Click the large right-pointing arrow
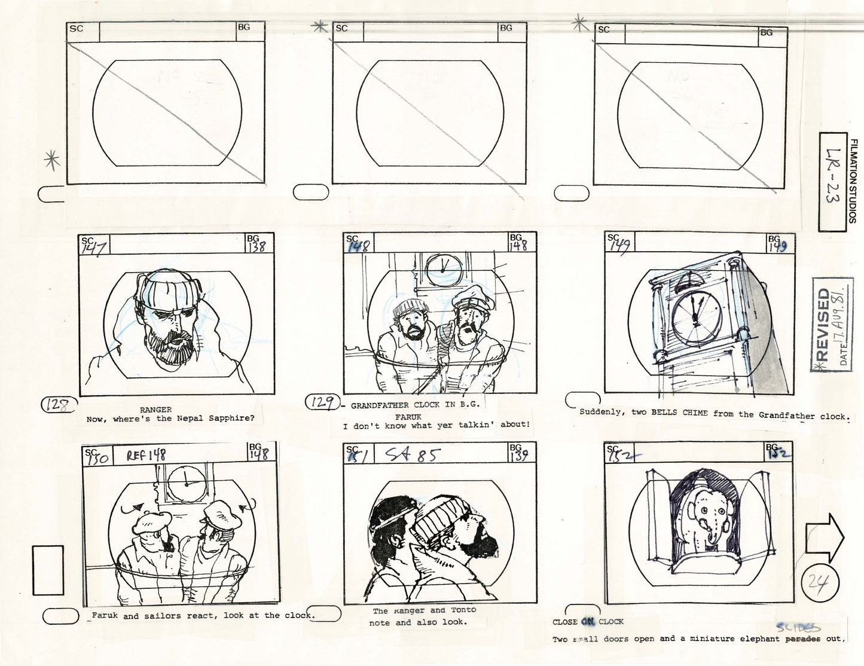click(824, 538)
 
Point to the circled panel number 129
click(322, 403)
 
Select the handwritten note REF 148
click(146, 456)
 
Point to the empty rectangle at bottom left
click(48, 570)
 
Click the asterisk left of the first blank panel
click(53, 161)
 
